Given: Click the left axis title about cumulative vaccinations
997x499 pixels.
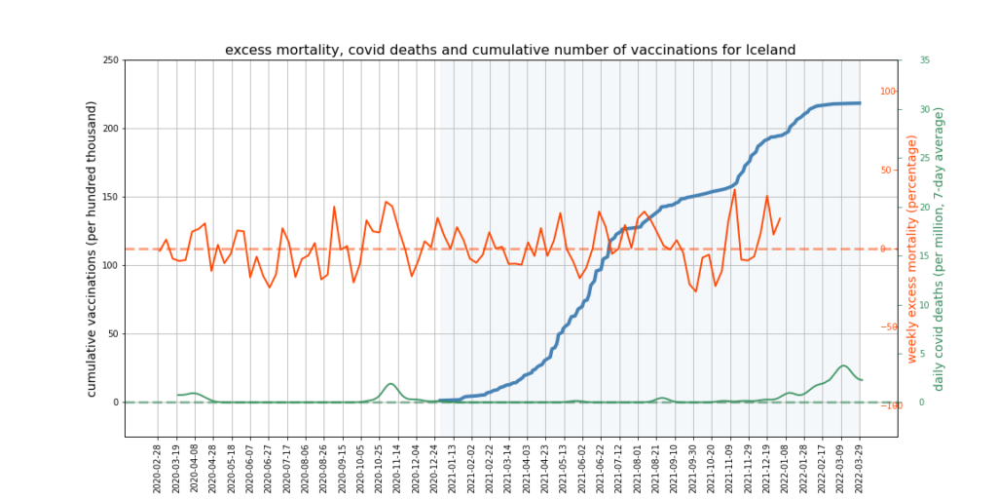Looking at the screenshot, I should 93,249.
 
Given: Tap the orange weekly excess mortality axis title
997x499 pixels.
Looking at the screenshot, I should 912,249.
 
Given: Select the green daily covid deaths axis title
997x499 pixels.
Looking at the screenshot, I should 940,249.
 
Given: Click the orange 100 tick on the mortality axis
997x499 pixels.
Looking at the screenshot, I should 888,92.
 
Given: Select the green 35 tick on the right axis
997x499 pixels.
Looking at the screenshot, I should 924,60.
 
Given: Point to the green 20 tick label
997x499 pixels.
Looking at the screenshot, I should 924,207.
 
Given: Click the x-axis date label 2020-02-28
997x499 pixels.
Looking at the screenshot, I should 158,467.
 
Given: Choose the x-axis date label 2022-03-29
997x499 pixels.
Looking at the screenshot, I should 860,467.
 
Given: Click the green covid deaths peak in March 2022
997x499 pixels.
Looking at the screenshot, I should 843,365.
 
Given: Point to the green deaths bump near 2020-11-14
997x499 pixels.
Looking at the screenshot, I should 390,384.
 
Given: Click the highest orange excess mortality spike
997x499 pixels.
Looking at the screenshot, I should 734,190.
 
